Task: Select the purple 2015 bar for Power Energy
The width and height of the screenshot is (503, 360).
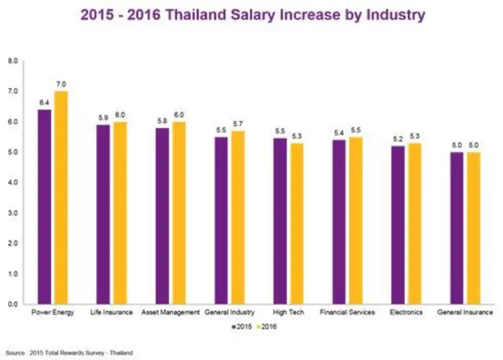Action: pos(45,206)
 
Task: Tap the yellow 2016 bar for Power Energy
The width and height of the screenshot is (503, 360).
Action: pos(61,197)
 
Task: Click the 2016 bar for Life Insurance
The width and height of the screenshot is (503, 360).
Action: pos(120,213)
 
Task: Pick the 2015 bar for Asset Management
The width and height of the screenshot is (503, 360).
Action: pos(163,215)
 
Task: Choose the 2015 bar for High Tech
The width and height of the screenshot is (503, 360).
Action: pos(280,221)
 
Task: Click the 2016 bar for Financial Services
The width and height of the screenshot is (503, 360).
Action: pos(356,220)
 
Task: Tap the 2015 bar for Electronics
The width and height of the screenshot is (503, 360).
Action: pos(398,225)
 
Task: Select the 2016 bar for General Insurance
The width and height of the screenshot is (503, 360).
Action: pos(474,228)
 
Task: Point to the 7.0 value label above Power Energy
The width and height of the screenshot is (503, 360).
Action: pos(61,84)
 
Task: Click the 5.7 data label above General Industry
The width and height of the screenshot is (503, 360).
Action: pos(238,124)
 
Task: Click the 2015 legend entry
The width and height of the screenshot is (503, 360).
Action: pos(242,327)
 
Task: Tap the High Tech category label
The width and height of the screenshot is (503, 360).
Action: pos(288,312)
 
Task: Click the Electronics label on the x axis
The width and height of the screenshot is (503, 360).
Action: pos(406,312)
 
